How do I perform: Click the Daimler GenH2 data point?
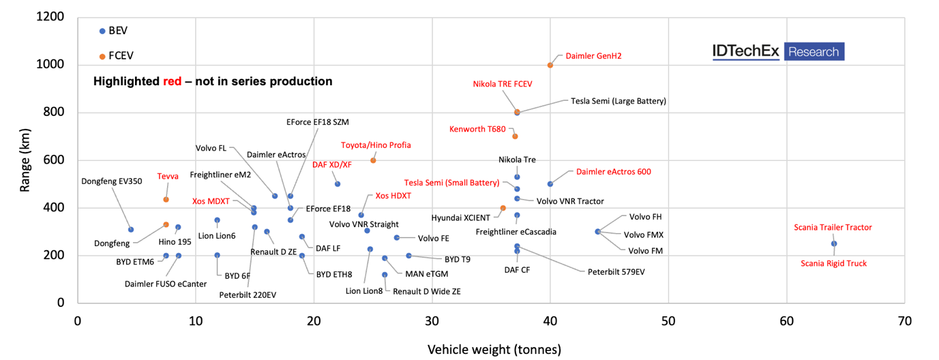pos(550,65)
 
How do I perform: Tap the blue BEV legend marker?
pos(102,31)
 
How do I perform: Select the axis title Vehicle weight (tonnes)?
pos(494,350)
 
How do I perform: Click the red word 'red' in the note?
pos(172,82)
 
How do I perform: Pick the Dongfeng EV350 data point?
pos(131,229)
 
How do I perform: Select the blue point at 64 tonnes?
pos(833,243)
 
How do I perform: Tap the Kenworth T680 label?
pos(477,129)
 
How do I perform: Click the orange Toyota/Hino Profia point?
pos(373,160)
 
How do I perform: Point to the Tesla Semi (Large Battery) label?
pos(618,101)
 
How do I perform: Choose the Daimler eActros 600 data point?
pos(550,184)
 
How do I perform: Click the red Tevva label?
pos(168,176)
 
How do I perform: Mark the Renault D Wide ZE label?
pos(427,291)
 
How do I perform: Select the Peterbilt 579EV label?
pos(616,271)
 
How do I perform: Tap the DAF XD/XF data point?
pos(337,184)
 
